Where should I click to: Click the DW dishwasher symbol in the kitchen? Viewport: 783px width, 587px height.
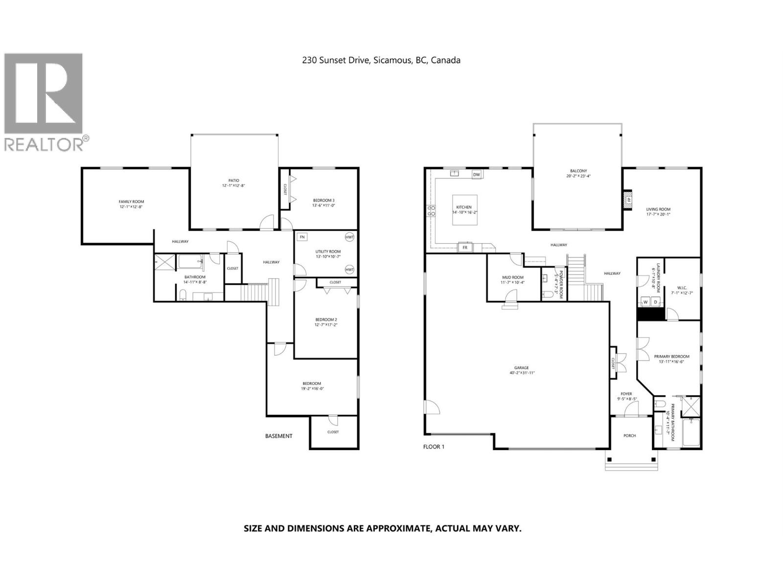[476, 175]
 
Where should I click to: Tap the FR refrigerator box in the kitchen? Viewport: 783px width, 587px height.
[465, 248]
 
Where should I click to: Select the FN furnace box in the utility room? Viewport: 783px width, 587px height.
[302, 237]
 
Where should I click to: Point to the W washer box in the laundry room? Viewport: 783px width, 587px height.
[645, 302]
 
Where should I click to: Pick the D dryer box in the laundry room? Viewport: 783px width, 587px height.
[656, 302]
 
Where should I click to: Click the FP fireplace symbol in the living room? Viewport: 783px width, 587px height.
[629, 199]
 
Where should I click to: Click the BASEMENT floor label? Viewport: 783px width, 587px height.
[278, 436]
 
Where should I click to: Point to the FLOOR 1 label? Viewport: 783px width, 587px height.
[434, 447]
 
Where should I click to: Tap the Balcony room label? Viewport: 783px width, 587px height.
[578, 171]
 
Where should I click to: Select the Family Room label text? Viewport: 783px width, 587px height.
[131, 202]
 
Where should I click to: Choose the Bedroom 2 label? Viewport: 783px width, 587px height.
[325, 319]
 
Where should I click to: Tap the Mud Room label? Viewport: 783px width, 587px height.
[512, 277]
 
